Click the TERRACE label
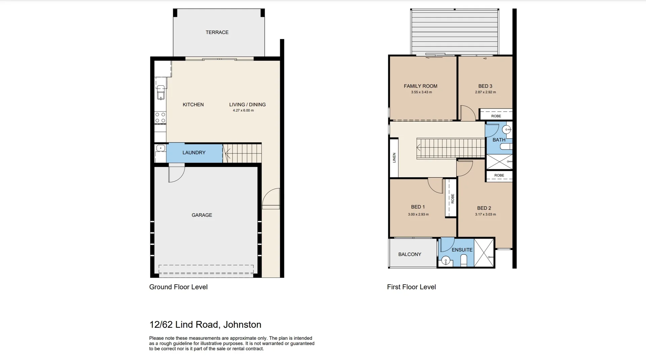coord(217,32)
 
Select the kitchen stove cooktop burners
coord(160,118)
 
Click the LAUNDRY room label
coord(194,153)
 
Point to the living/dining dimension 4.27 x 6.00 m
coord(243,110)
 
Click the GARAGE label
coord(202,215)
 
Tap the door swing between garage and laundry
coord(176,174)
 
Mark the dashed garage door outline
coord(206,269)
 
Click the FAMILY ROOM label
coord(421,86)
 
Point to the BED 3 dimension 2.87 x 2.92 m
coord(485,92)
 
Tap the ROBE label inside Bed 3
coord(496,116)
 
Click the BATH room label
coord(499,140)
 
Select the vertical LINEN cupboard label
coord(394,158)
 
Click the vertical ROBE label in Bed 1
coord(453,199)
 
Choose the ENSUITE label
coord(462,250)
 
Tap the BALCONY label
coord(409,254)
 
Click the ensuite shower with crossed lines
coord(484,253)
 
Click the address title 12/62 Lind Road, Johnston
coord(205,325)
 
